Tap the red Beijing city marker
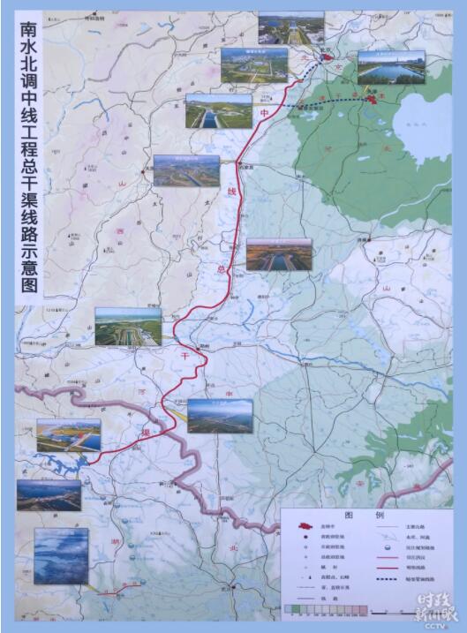328,58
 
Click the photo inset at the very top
290,28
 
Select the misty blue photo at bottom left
60,554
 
